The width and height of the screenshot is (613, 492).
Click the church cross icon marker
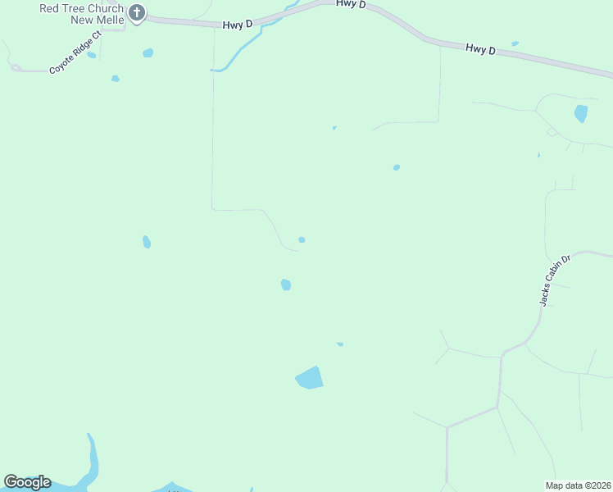click(137, 12)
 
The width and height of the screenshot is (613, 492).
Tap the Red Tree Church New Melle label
click(82, 14)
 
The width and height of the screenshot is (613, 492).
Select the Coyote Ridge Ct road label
click(74, 53)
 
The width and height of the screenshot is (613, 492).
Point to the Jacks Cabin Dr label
click(554, 280)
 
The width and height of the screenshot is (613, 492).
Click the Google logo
click(27, 482)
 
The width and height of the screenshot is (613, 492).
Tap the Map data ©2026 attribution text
click(579, 485)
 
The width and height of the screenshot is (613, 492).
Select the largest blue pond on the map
click(309, 377)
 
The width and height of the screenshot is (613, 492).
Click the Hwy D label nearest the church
click(237, 25)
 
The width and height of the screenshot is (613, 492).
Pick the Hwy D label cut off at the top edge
click(350, 5)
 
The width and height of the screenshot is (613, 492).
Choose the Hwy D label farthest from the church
click(481, 49)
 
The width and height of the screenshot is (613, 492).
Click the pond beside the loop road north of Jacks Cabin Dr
click(581, 114)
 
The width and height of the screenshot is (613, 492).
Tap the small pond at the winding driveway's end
click(302, 239)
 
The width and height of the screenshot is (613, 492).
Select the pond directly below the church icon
click(148, 53)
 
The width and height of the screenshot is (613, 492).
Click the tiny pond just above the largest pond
click(340, 344)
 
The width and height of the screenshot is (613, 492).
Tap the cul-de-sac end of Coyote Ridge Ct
click(16, 68)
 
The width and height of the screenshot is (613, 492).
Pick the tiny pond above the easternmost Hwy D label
click(515, 43)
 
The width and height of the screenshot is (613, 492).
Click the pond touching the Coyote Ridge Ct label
click(92, 56)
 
